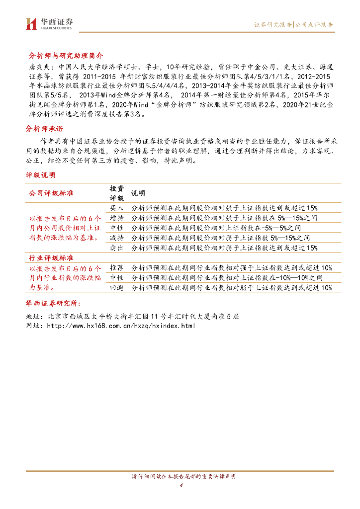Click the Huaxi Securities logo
pos(49,23)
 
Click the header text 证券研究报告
pos(273,24)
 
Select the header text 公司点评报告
pos(314,24)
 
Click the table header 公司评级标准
pos(52,193)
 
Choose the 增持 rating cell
pos(116,218)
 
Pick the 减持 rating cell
pos(116,238)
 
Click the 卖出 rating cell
pos(116,248)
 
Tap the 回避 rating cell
pos(116,288)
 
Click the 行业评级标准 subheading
pos(52,258)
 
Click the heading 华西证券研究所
pos(55,303)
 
